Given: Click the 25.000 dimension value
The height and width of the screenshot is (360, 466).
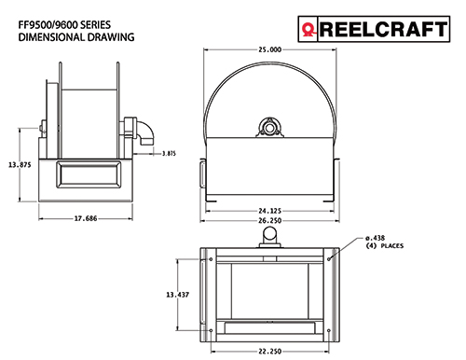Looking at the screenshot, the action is coord(269,49).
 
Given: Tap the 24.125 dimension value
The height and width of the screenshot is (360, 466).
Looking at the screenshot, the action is coord(269,211).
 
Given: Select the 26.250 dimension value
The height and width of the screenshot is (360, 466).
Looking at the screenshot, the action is coord(269,221).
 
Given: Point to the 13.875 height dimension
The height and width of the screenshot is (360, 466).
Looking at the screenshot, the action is coord(20,165).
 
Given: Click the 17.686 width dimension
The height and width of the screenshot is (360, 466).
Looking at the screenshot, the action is coord(86,218).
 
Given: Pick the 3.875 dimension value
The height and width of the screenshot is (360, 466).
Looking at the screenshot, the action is coord(169,153).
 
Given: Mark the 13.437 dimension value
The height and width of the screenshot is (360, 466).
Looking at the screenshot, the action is coord(177,295).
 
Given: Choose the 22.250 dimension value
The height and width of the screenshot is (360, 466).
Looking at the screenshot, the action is coord(269,352).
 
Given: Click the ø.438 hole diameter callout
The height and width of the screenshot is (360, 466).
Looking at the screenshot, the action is coord(375,238).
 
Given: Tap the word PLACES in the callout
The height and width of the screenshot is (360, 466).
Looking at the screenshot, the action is coord(392,246).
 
